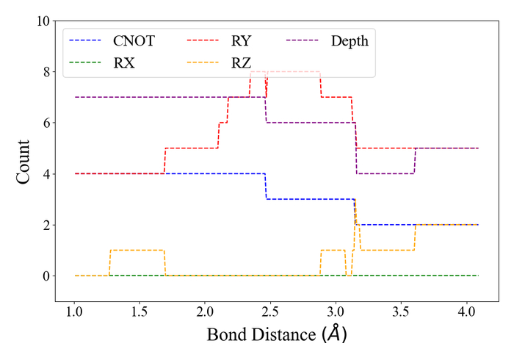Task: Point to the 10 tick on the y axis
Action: [x=42, y=21]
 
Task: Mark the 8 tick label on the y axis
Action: [x=46, y=72]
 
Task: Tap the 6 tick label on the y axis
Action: [x=46, y=123]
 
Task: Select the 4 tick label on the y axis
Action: [x=46, y=174]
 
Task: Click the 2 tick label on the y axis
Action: [x=46, y=225]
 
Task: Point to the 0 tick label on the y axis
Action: [x=46, y=276]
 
